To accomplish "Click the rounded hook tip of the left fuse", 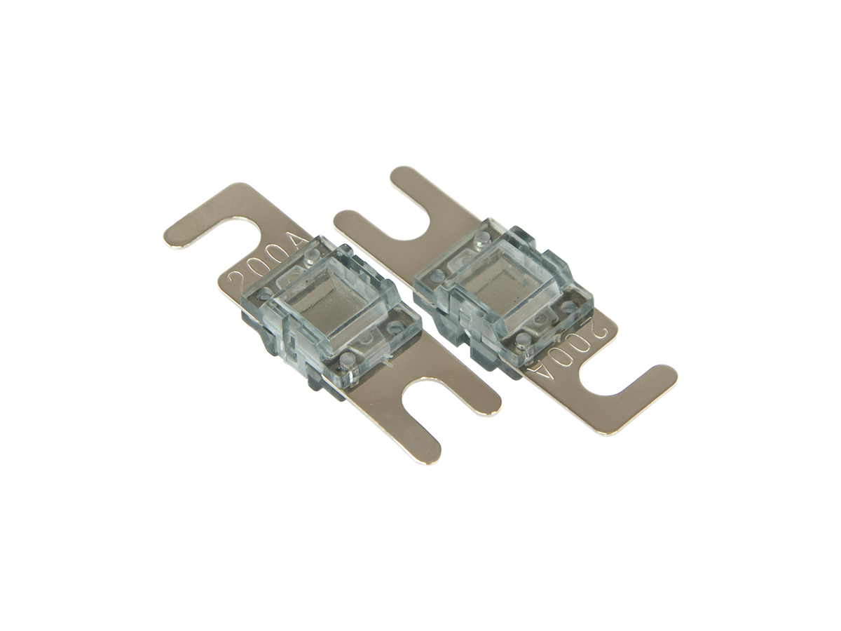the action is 175,240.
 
